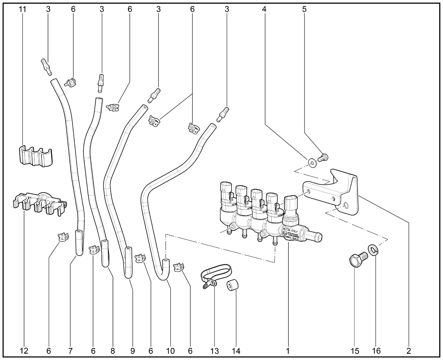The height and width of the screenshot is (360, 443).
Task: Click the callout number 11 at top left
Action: [22, 9]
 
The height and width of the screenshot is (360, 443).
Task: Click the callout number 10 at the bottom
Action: [170, 351]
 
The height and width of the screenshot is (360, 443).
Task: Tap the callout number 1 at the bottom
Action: [288, 351]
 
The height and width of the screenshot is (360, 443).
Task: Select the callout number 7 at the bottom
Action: [71, 351]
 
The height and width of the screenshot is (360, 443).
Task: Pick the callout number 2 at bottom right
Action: [408, 351]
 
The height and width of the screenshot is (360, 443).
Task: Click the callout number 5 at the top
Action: [304, 9]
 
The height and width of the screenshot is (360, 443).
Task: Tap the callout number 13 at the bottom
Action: [215, 351]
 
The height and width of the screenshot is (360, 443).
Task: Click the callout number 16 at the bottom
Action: [376, 351]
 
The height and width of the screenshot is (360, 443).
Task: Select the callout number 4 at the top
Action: [264, 9]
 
